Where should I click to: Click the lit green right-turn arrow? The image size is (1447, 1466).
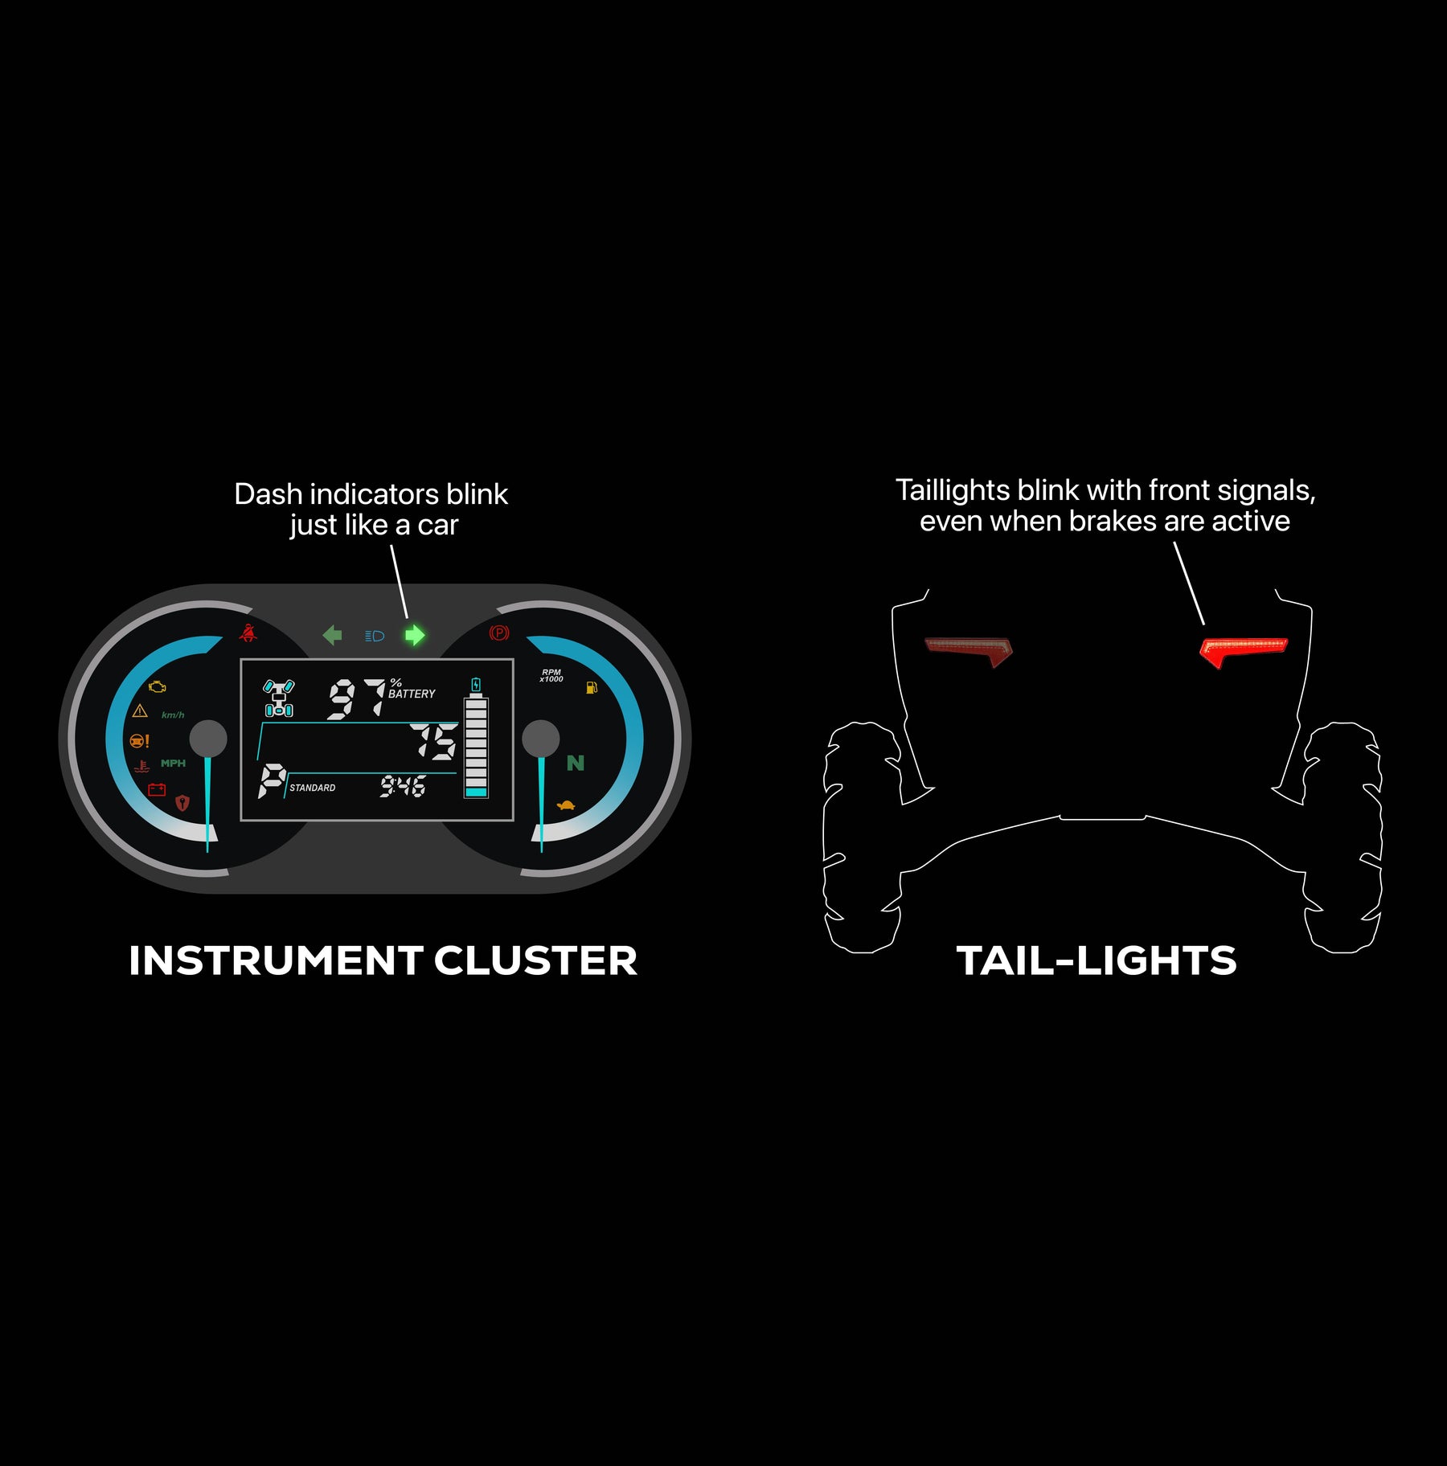(x=414, y=635)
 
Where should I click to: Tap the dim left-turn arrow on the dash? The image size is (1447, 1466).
(x=332, y=635)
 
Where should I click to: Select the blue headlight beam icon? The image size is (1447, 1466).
(x=375, y=636)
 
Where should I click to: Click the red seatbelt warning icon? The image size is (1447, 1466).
(x=248, y=633)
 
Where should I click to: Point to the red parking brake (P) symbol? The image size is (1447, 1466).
(x=499, y=633)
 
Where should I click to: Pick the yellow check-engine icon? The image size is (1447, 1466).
(x=158, y=687)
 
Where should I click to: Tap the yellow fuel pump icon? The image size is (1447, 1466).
(x=592, y=687)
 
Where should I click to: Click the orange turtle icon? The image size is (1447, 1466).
(x=566, y=805)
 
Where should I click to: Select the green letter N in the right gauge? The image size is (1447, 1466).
(x=576, y=763)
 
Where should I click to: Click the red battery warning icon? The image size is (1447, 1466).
(x=157, y=789)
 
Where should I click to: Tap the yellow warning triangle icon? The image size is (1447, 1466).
(x=140, y=710)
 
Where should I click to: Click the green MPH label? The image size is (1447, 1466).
(x=173, y=763)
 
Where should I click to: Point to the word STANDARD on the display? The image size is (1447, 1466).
(x=313, y=788)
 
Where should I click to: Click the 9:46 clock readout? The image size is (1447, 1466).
(x=403, y=785)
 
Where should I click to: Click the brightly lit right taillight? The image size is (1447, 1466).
(x=1243, y=651)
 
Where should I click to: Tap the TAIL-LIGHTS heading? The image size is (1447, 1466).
(x=1097, y=960)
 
